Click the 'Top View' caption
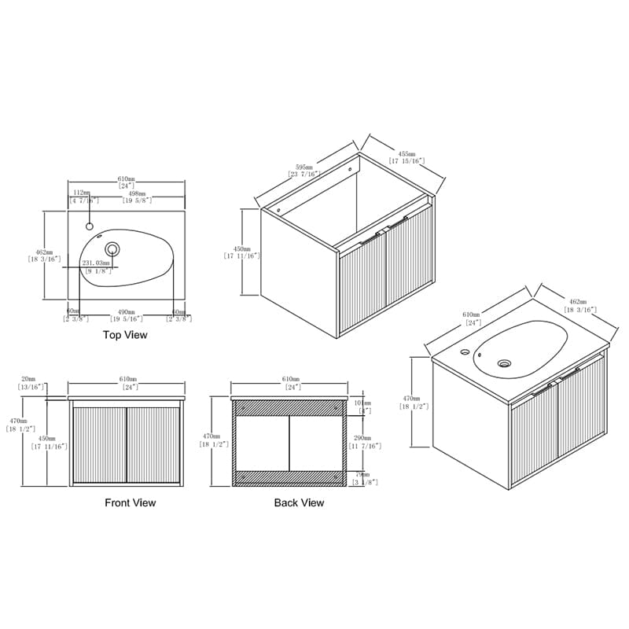tap(125, 334)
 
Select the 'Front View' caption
tap(131, 502)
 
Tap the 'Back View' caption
tap(299, 502)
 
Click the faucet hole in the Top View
tap(89, 227)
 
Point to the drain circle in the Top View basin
tap(112, 250)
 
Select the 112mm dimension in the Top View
tap(82, 193)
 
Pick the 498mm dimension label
tap(137, 193)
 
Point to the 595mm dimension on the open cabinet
tap(303, 168)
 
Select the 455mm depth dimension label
tap(406, 155)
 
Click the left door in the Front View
tap(99, 444)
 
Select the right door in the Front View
tap(153, 444)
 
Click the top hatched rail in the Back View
tap(289, 407)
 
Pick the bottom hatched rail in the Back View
tap(289, 476)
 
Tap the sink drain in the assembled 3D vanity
tap(505, 363)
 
